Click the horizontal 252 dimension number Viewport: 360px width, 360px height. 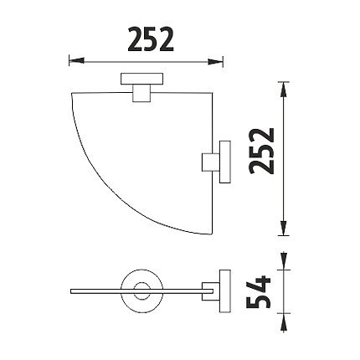point(151,39)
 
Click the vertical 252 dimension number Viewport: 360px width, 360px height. point(262,151)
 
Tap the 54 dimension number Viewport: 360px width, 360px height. point(259,292)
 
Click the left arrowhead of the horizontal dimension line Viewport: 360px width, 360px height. point(76,60)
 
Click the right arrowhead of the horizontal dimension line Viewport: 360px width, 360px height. point(215,62)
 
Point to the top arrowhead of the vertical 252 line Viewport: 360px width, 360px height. point(284,90)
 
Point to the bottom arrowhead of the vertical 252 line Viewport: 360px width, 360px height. point(284,228)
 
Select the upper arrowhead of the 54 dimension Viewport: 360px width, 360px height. point(284,261)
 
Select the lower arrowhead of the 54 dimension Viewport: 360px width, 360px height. point(284,322)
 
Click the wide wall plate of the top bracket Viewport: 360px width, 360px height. point(142,79)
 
